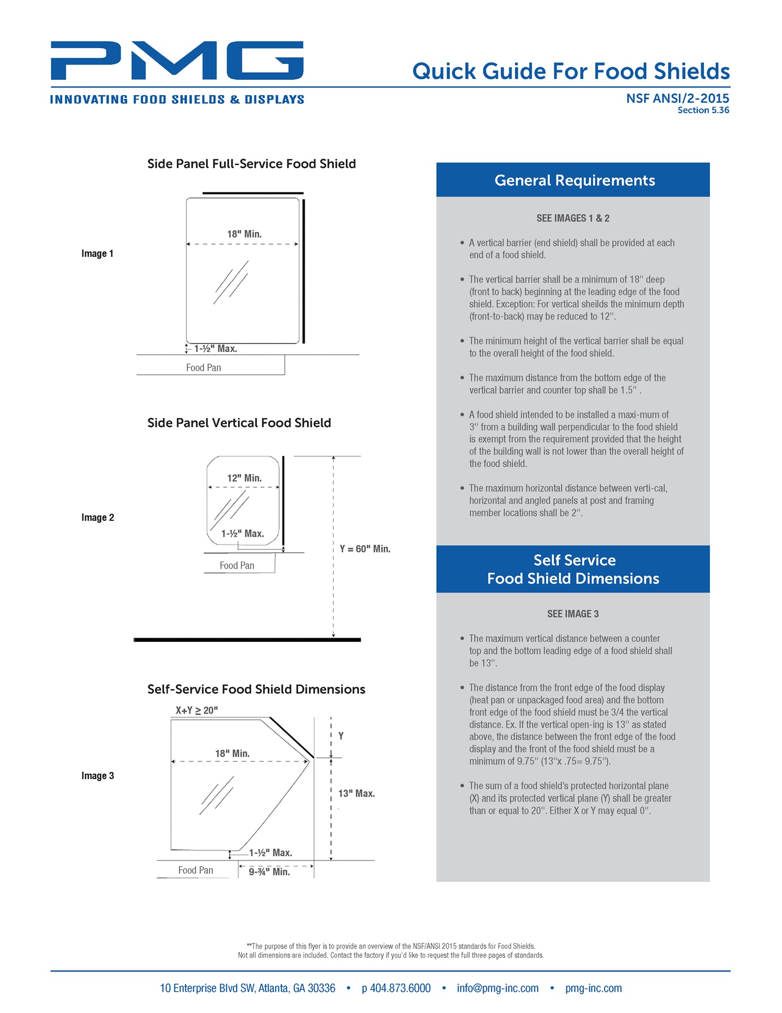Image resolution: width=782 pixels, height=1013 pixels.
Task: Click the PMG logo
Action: pyautogui.click(x=177, y=60)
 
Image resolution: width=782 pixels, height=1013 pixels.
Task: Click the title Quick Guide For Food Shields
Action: pyautogui.click(x=571, y=72)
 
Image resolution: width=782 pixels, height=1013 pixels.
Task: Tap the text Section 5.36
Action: pyautogui.click(x=703, y=110)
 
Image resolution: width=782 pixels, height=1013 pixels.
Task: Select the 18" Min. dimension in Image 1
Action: pyautogui.click(x=244, y=234)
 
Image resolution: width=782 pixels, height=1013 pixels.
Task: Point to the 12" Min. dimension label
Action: pyautogui.click(x=244, y=478)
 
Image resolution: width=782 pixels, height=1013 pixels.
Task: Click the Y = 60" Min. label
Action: pyautogui.click(x=365, y=549)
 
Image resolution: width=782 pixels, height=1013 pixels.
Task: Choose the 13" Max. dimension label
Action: pyautogui.click(x=356, y=793)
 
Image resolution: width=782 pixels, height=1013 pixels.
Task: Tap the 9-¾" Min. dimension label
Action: pyautogui.click(x=269, y=871)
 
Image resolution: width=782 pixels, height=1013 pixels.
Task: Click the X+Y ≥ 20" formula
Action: pyautogui.click(x=197, y=710)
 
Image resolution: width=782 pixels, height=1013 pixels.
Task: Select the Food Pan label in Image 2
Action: pyautogui.click(x=236, y=565)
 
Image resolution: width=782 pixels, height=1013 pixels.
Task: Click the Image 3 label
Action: pyautogui.click(x=98, y=776)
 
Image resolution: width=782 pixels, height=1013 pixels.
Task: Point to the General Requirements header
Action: pyautogui.click(x=574, y=180)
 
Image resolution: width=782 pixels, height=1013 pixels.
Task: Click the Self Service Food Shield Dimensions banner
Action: pyautogui.click(x=573, y=569)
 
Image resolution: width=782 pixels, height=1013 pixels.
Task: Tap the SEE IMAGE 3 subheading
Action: pyautogui.click(x=573, y=614)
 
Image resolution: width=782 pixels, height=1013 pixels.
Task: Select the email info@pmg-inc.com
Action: pyautogui.click(x=497, y=988)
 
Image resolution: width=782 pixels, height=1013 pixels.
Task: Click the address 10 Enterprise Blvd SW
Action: pyautogui.click(x=247, y=988)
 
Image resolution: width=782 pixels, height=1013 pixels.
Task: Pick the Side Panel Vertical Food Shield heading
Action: pyautogui.click(x=239, y=423)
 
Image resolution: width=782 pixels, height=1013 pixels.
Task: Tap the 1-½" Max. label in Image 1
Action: pyautogui.click(x=215, y=348)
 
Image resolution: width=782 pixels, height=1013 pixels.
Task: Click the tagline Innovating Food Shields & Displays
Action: pyautogui.click(x=177, y=99)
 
